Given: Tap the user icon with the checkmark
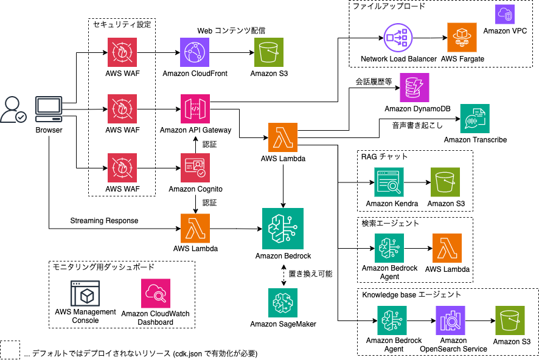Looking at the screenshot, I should [x=13, y=110].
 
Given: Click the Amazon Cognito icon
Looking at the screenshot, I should [x=195, y=168].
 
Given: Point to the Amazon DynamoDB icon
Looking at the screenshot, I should [x=414, y=88].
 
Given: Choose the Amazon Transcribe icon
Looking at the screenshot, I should [x=475, y=119].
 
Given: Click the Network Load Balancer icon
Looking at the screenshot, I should [x=398, y=38].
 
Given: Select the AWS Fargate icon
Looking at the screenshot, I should [x=462, y=38].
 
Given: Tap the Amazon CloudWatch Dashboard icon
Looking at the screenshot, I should [x=155, y=294].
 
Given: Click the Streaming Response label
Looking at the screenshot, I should [x=104, y=220].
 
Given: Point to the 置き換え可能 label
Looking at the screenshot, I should [x=310, y=274].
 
